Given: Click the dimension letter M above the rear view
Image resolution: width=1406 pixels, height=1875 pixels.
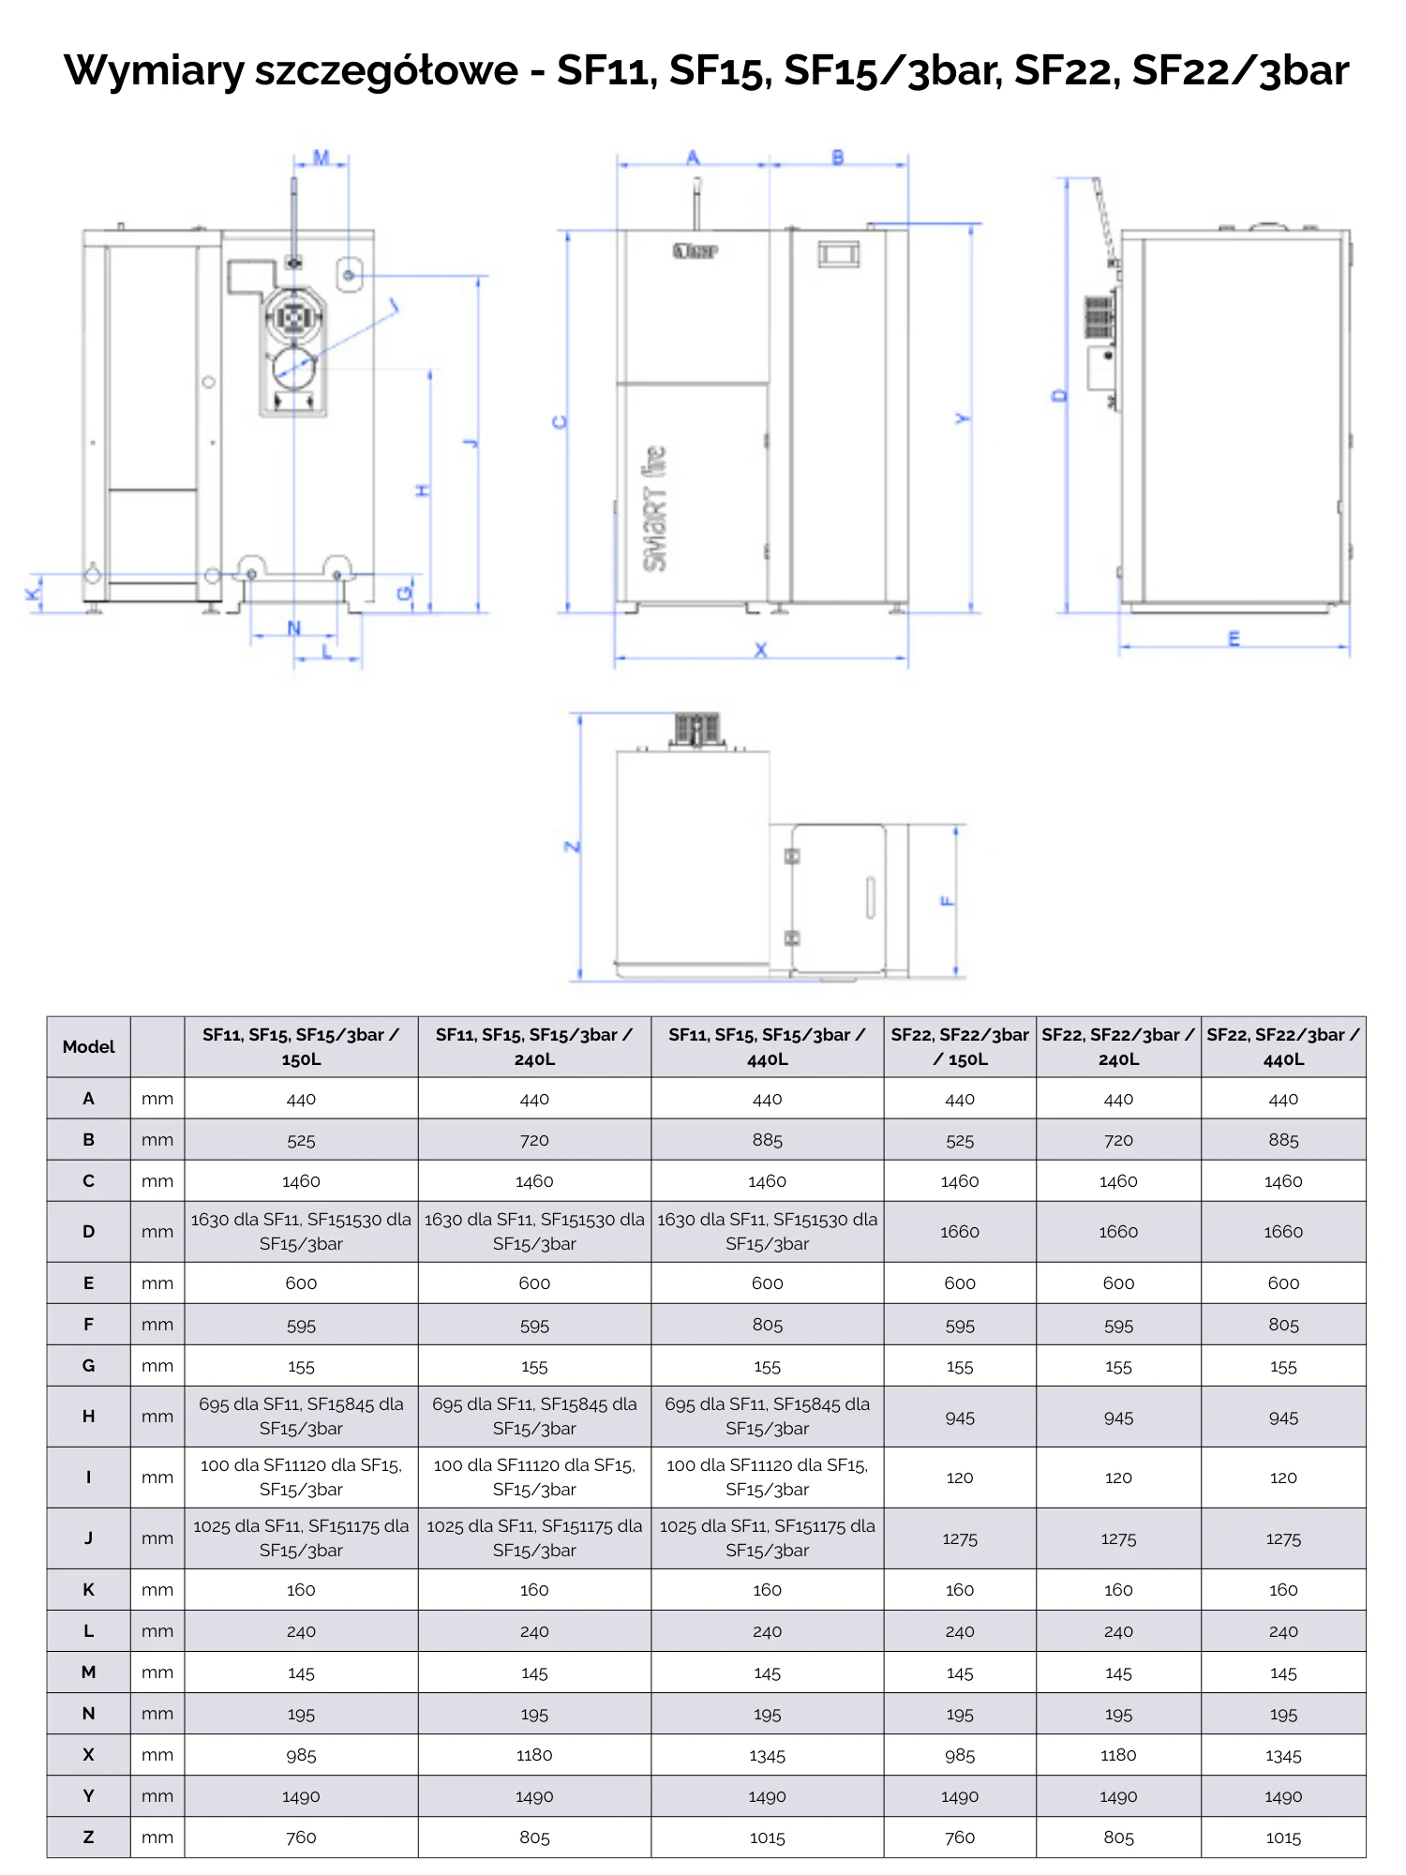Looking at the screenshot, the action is tap(322, 157).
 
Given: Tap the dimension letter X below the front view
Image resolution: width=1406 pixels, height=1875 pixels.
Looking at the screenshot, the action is tap(761, 650).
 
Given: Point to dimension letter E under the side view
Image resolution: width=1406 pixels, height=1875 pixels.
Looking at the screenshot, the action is tap(1234, 639).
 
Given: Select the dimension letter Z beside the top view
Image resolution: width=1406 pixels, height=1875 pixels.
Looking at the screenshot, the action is tap(573, 847).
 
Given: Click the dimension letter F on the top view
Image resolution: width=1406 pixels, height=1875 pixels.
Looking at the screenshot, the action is tap(948, 902).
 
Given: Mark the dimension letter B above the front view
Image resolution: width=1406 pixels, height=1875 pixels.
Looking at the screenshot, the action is tap(838, 157).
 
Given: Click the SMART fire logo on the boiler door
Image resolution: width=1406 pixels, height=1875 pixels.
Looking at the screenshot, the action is tap(655, 508).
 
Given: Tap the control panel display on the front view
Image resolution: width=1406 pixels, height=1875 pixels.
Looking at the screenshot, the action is tap(838, 254).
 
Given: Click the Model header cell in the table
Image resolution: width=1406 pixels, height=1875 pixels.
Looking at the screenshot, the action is tap(89, 1047).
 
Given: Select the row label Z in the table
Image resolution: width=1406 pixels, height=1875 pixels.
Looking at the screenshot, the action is tap(89, 1837).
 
